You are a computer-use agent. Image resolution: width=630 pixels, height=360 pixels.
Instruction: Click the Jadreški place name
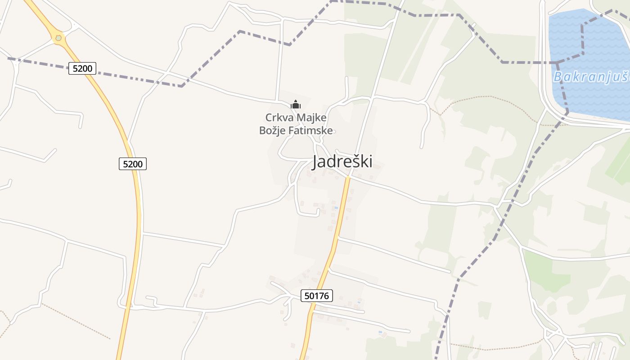[342, 162]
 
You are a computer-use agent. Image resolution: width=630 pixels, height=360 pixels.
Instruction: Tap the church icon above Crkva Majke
[296, 105]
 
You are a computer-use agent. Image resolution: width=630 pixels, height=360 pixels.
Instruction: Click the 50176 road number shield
[316, 296]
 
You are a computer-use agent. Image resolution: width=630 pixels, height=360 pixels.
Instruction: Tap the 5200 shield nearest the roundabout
[82, 68]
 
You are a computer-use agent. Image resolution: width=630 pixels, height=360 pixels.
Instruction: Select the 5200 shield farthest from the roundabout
[133, 164]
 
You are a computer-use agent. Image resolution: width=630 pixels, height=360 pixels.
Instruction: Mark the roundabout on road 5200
[58, 38]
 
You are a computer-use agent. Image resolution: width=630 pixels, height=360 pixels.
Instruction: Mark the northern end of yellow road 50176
[347, 177]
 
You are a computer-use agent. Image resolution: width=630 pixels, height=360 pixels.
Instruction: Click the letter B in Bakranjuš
[558, 77]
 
